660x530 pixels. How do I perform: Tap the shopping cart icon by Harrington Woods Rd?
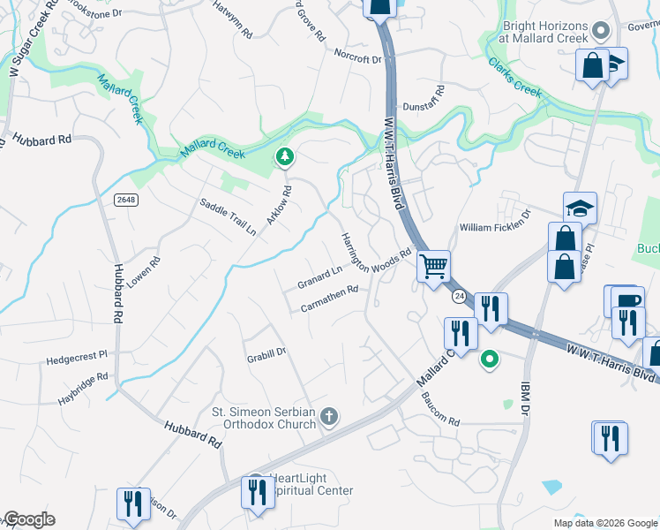[433, 266]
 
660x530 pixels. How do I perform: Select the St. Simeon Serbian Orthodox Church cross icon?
[329, 416]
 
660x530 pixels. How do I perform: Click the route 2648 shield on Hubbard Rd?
[126, 200]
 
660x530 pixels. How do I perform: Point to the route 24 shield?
[459, 298]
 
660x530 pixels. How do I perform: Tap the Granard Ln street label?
[319, 277]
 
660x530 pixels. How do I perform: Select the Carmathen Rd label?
[329, 298]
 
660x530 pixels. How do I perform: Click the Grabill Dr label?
[266, 352]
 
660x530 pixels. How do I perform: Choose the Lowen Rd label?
[143, 271]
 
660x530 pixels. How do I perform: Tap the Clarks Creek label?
[515, 77]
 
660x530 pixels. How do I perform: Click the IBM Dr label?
[522, 405]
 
